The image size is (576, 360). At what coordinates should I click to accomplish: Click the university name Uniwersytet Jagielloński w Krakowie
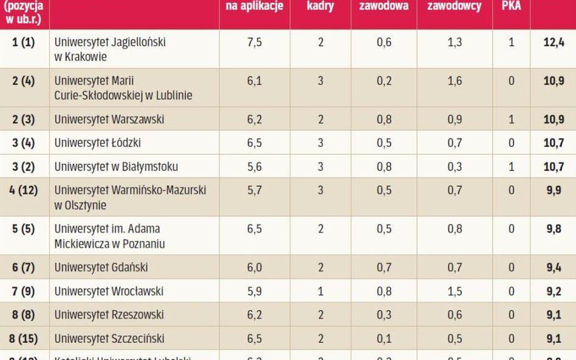click(110, 49)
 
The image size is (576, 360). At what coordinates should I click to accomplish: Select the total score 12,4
click(554, 42)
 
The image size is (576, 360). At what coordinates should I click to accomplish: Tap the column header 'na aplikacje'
click(254, 6)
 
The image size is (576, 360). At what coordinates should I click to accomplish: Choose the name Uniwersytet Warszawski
click(109, 120)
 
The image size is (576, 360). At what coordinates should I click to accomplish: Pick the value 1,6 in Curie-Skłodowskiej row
click(454, 81)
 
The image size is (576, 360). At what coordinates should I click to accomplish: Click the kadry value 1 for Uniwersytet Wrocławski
click(320, 291)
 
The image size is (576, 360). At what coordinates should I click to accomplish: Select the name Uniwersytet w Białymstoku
click(116, 166)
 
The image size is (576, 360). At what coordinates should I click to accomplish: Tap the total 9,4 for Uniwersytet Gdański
click(554, 267)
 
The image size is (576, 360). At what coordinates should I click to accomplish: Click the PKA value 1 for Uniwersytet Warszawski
click(511, 120)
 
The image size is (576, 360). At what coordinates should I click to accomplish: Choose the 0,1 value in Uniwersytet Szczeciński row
click(384, 338)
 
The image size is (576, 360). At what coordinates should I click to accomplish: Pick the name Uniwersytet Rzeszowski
click(109, 314)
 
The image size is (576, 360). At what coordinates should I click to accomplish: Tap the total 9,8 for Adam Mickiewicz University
click(554, 229)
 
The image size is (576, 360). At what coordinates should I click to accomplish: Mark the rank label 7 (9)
click(24, 291)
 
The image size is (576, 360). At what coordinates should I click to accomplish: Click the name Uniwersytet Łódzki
click(97, 143)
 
